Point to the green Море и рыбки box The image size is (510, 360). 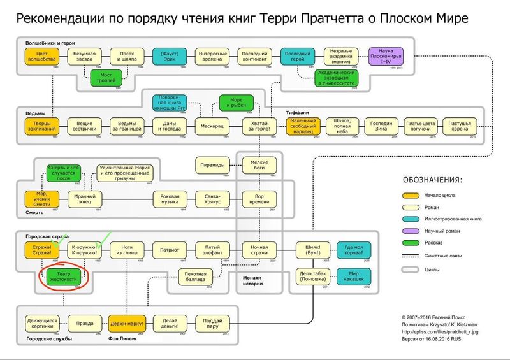(237, 103)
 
